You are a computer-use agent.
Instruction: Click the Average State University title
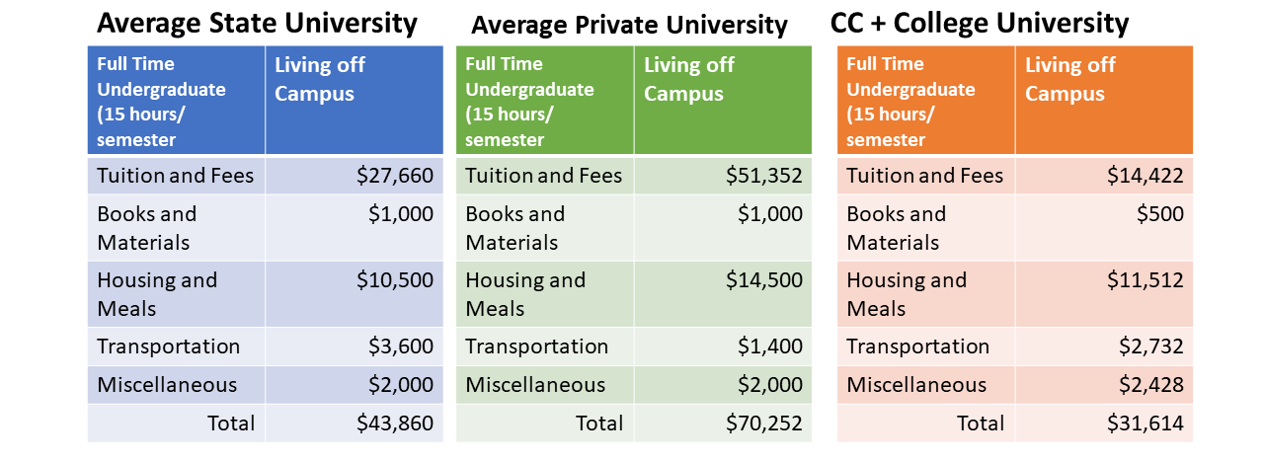click(x=257, y=23)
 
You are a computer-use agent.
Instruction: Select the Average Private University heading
click(x=629, y=25)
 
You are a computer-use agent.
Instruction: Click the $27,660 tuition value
click(x=395, y=176)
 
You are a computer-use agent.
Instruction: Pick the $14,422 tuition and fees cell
click(x=1145, y=176)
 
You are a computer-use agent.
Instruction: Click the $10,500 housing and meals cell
click(x=395, y=280)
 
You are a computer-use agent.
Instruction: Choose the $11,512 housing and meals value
click(x=1145, y=280)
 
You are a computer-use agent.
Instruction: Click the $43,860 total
click(x=395, y=423)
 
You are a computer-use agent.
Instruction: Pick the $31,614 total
click(x=1145, y=423)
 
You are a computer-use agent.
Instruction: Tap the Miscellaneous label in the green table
click(x=535, y=385)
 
